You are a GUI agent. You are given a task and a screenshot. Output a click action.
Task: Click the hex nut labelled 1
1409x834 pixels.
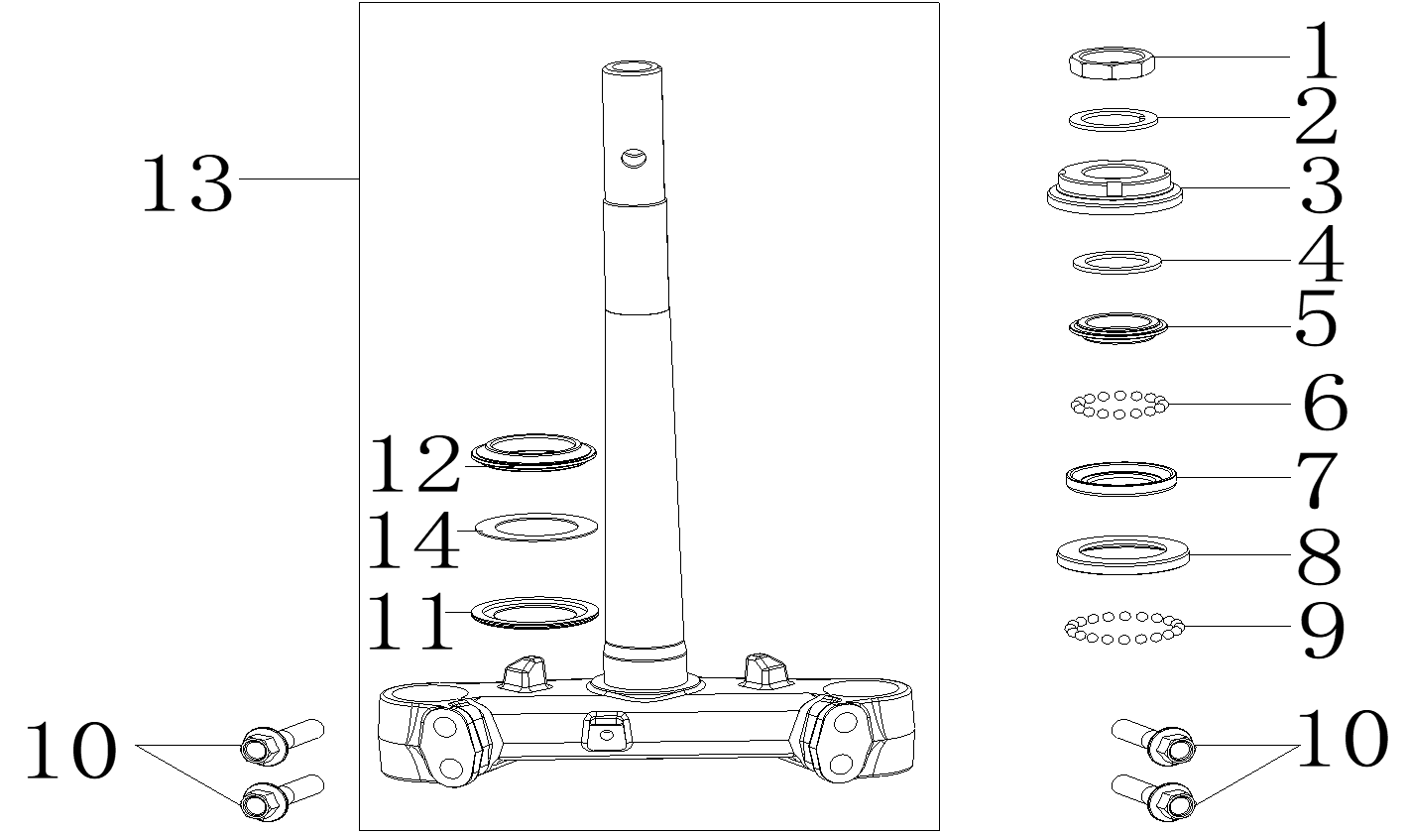tap(1113, 63)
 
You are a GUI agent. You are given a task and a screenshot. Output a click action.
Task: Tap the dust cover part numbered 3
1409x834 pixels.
tap(1114, 187)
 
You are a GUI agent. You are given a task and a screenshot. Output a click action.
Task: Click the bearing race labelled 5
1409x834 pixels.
tap(1117, 327)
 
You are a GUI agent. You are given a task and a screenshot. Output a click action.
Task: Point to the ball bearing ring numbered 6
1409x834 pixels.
tap(1119, 405)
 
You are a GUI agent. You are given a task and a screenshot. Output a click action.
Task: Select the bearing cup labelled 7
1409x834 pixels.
tap(1120, 479)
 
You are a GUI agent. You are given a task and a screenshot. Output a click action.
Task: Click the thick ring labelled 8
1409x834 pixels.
tap(1122, 554)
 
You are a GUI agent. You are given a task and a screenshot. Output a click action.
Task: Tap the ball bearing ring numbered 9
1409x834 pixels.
tap(1124, 628)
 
